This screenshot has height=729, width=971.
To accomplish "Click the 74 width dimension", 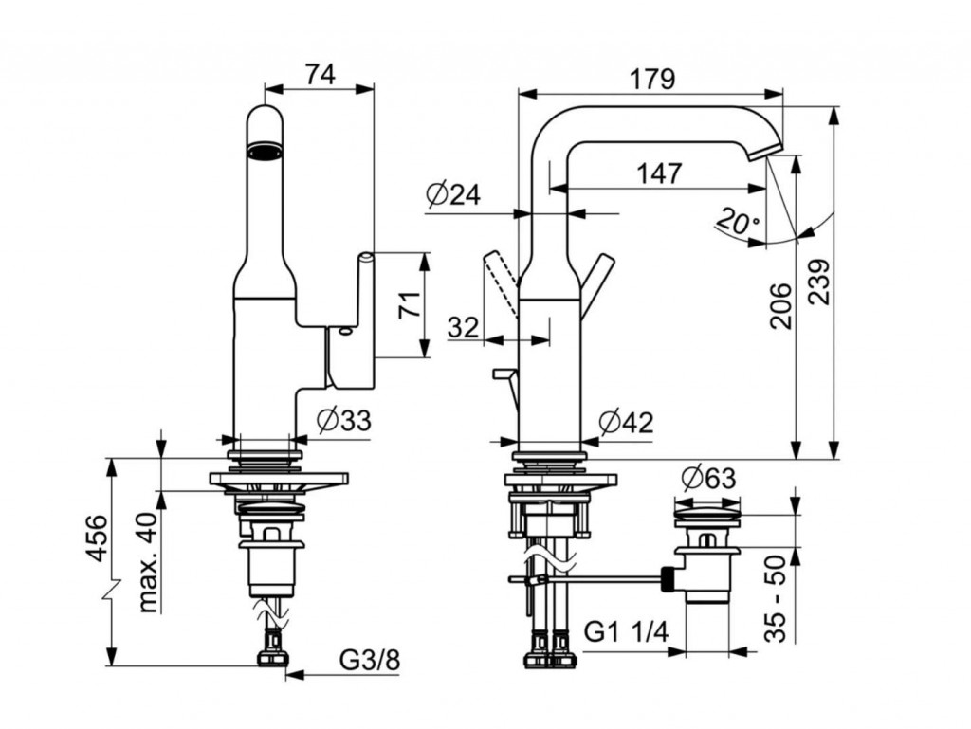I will (x=321, y=75).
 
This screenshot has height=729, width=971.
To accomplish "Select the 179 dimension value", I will (x=653, y=80).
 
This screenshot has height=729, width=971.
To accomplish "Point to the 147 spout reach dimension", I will (x=658, y=173).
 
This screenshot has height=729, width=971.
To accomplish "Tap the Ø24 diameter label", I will (x=453, y=195).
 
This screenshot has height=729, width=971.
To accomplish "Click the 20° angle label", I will (x=738, y=224).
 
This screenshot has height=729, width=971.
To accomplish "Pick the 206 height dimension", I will (x=779, y=305).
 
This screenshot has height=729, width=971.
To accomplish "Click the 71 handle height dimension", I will (x=409, y=304).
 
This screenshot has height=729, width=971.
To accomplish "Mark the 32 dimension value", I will (x=463, y=327).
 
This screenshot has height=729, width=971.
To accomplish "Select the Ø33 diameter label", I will (x=343, y=420).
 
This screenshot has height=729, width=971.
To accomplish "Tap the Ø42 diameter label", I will (x=627, y=422).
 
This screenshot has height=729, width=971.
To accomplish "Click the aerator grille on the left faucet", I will (x=265, y=151).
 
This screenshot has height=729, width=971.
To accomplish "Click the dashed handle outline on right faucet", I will (x=500, y=284).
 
